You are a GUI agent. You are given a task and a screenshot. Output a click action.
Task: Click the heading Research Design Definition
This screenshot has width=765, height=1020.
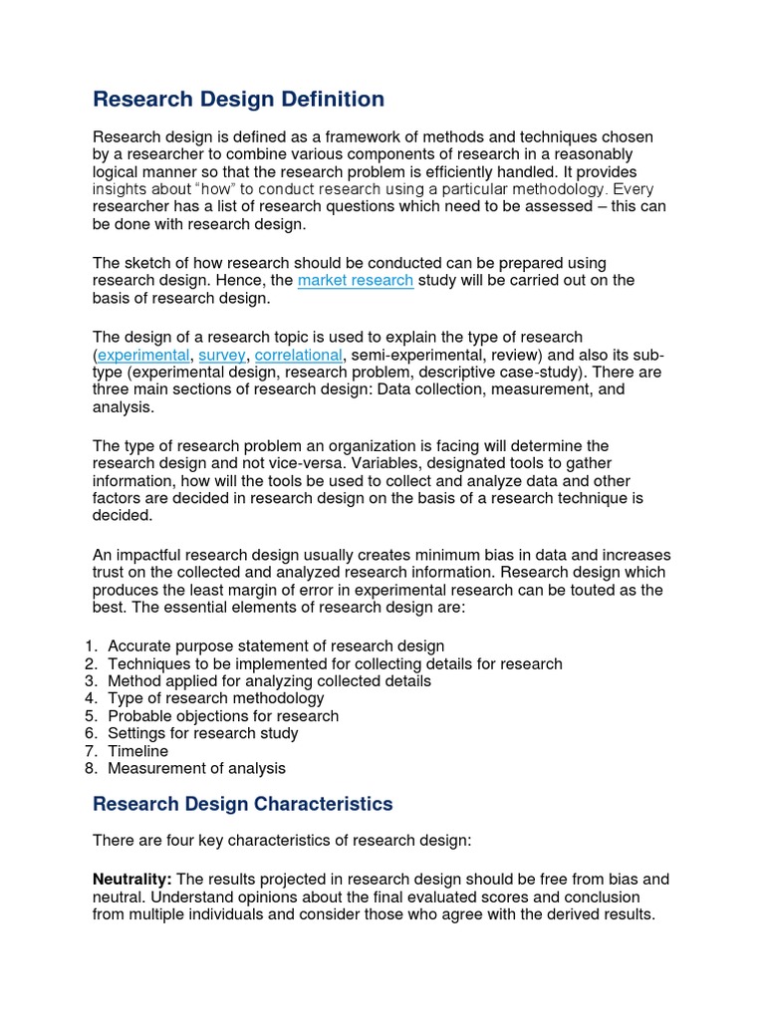tap(238, 100)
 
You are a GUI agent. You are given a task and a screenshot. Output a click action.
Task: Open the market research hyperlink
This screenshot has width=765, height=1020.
tap(355, 281)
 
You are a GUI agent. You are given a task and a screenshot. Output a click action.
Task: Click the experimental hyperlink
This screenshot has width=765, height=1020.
tap(143, 355)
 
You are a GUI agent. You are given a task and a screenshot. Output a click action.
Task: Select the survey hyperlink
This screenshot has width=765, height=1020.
tap(222, 355)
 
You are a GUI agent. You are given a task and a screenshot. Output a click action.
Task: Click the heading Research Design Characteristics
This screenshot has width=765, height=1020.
tap(243, 804)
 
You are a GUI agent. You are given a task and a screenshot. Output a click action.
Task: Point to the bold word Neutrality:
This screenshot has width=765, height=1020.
tap(132, 880)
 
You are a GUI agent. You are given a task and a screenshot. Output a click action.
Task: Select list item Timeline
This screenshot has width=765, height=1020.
tap(138, 751)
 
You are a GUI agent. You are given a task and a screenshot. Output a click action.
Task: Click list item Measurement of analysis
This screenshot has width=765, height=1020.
tap(196, 768)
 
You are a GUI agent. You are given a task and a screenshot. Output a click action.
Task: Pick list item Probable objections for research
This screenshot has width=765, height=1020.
tap(223, 716)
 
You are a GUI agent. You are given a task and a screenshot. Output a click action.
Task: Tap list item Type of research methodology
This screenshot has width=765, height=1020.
tap(216, 698)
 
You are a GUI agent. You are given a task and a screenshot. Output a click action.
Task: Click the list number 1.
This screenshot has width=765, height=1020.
tap(90, 646)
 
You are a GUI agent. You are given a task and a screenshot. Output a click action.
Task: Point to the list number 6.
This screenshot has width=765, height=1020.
tap(90, 733)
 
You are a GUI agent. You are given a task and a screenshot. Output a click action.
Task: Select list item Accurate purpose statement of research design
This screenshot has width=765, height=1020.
tap(276, 646)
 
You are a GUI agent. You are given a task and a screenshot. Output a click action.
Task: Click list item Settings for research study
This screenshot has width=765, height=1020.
tap(203, 733)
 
